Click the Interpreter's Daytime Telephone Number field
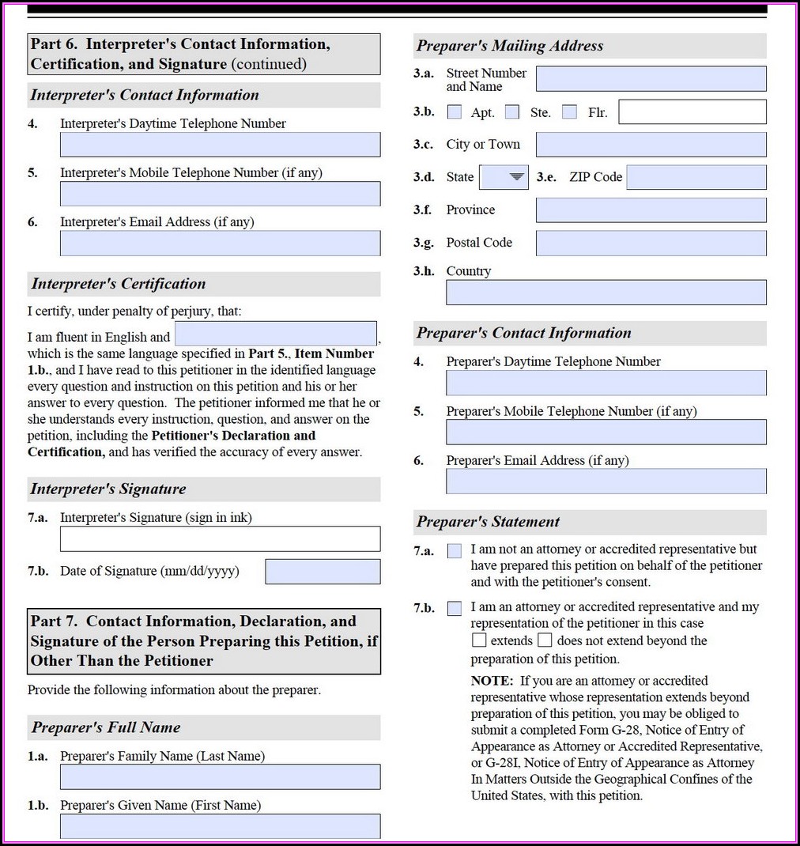[220, 145]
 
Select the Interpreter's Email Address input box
[220, 244]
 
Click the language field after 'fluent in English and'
[275, 334]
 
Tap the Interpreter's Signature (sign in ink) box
[220, 538]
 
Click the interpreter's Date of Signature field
[323, 572]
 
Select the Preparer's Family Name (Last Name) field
[220, 777]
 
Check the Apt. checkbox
[455, 112]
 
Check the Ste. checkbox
[512, 112]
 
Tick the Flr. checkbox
[569, 112]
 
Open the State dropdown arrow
[517, 177]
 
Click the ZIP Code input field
[696, 177]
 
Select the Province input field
[651, 210]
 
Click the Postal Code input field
[651, 244]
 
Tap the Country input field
[606, 293]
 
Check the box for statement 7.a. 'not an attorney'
[455, 551]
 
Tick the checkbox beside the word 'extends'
[479, 640]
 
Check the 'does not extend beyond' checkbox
[545, 640]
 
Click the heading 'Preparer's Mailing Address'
[510, 46]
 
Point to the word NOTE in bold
[492, 681]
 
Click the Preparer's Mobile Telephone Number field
[606, 432]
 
